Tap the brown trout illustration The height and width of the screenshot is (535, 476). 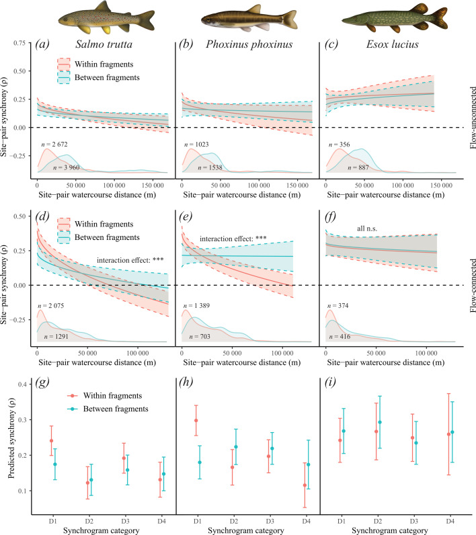(106, 17)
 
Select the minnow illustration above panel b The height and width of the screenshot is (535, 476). (249, 19)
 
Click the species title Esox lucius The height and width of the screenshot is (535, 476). (393, 44)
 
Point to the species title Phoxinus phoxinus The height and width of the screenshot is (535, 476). (249, 44)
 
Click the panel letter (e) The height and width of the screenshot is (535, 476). (186, 216)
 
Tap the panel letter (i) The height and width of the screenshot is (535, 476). (330, 382)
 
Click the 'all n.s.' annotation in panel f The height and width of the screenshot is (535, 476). (367, 229)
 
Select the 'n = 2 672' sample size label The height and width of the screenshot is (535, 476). (54, 145)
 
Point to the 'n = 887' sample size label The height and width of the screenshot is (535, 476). (358, 167)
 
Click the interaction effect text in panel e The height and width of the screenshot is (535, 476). (233, 239)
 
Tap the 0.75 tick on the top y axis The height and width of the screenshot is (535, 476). (19, 43)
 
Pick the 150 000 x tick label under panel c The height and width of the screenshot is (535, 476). (442, 186)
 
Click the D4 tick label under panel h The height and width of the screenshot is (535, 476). (306, 522)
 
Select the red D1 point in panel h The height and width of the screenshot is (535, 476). (196, 420)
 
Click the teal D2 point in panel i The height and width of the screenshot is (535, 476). (380, 422)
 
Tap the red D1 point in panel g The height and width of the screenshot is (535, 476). (52, 441)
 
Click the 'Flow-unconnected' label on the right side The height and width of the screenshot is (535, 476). (473, 118)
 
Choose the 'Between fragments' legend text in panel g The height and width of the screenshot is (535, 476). (116, 409)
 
